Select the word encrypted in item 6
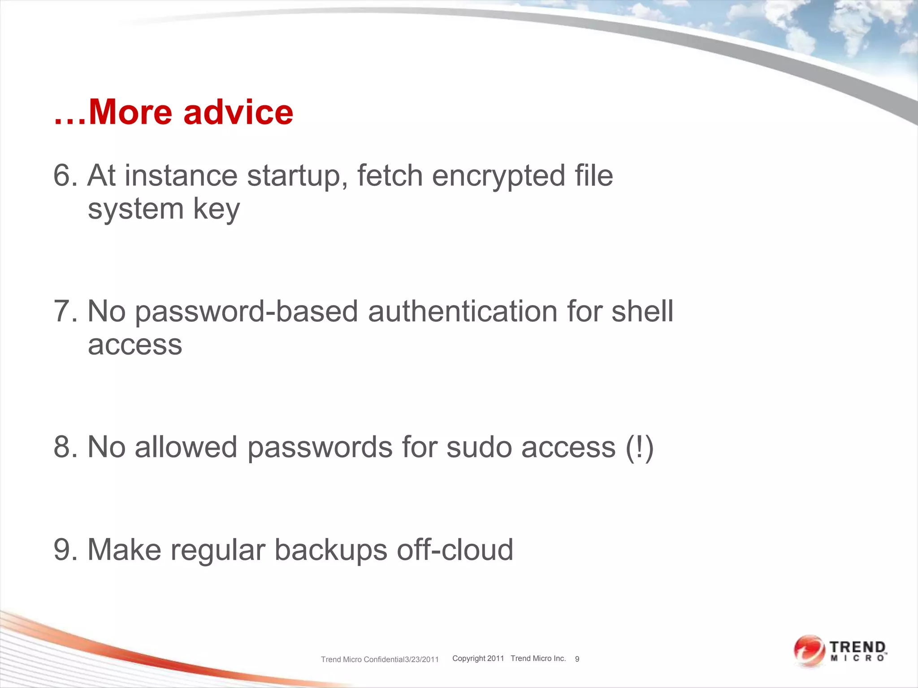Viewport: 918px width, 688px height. pos(498,176)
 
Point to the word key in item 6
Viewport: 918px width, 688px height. pos(216,210)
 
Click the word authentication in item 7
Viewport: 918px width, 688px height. pos(463,311)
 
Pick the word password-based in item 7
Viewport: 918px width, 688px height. pos(246,312)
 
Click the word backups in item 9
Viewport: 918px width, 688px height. pos(330,550)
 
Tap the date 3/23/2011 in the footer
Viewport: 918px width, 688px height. pos(421,659)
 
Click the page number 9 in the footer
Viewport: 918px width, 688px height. pos(577,659)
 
